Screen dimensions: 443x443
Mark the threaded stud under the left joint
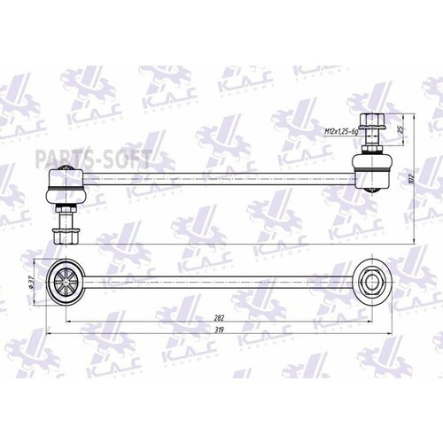(66, 217)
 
